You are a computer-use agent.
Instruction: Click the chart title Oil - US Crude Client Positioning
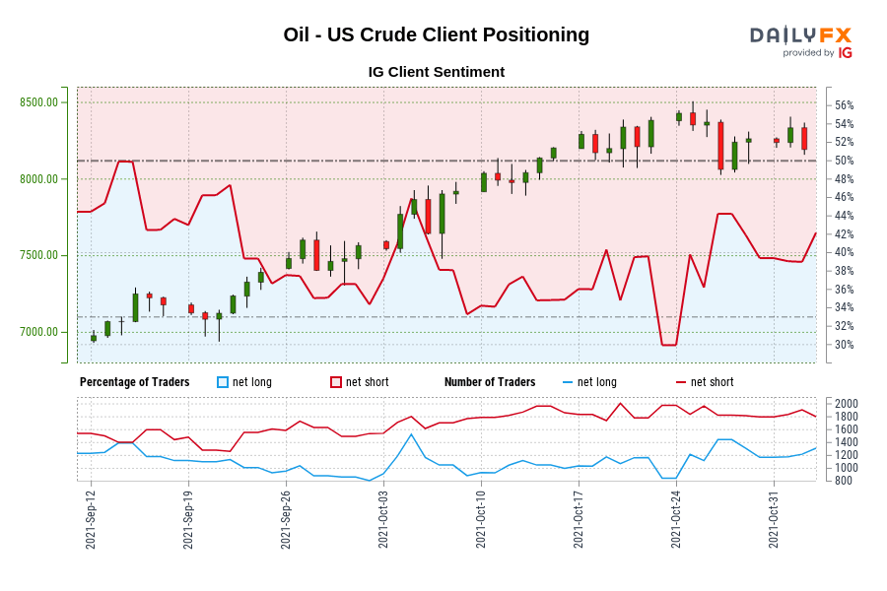436,34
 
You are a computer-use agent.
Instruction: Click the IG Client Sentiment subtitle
436,72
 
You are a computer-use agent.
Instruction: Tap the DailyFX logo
800,40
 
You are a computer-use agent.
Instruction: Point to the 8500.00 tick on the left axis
38,102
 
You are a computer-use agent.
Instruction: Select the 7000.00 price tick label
38,332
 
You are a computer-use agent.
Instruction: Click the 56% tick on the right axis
845,105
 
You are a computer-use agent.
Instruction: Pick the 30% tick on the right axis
845,345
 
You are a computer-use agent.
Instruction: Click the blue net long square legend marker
223,382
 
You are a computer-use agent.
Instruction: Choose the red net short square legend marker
336,382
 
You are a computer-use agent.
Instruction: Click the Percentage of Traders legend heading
134,382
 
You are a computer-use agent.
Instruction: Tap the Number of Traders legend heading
490,382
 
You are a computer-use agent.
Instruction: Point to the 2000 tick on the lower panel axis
847,404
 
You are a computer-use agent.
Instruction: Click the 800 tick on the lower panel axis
844,481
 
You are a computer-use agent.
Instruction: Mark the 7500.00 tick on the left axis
38,255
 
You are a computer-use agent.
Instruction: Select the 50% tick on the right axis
845,161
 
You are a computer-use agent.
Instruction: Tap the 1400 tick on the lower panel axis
847,442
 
